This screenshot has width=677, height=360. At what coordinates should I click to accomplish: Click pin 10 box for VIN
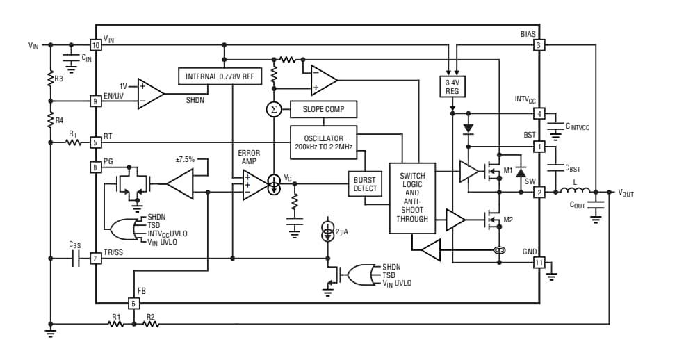click(x=96, y=44)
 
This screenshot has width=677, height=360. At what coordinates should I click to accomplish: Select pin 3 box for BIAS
click(x=539, y=44)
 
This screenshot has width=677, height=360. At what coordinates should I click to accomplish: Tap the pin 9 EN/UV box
click(x=96, y=101)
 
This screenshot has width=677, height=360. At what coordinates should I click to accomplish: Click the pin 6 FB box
click(x=134, y=303)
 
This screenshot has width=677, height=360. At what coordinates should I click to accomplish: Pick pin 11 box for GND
click(x=539, y=263)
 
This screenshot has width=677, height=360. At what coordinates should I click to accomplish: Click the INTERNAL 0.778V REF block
click(x=220, y=76)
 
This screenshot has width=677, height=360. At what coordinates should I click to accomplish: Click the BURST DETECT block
click(x=365, y=184)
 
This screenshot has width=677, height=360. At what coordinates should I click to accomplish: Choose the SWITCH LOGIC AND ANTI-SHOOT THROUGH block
click(x=412, y=197)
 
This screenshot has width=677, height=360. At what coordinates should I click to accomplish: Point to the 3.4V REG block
click(x=452, y=86)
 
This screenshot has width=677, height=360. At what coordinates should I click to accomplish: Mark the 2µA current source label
click(x=341, y=232)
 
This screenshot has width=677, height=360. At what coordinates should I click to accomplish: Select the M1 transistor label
click(x=508, y=170)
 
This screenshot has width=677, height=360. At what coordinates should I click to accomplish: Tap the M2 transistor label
click(x=508, y=220)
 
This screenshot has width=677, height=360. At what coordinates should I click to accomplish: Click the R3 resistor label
click(x=59, y=79)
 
